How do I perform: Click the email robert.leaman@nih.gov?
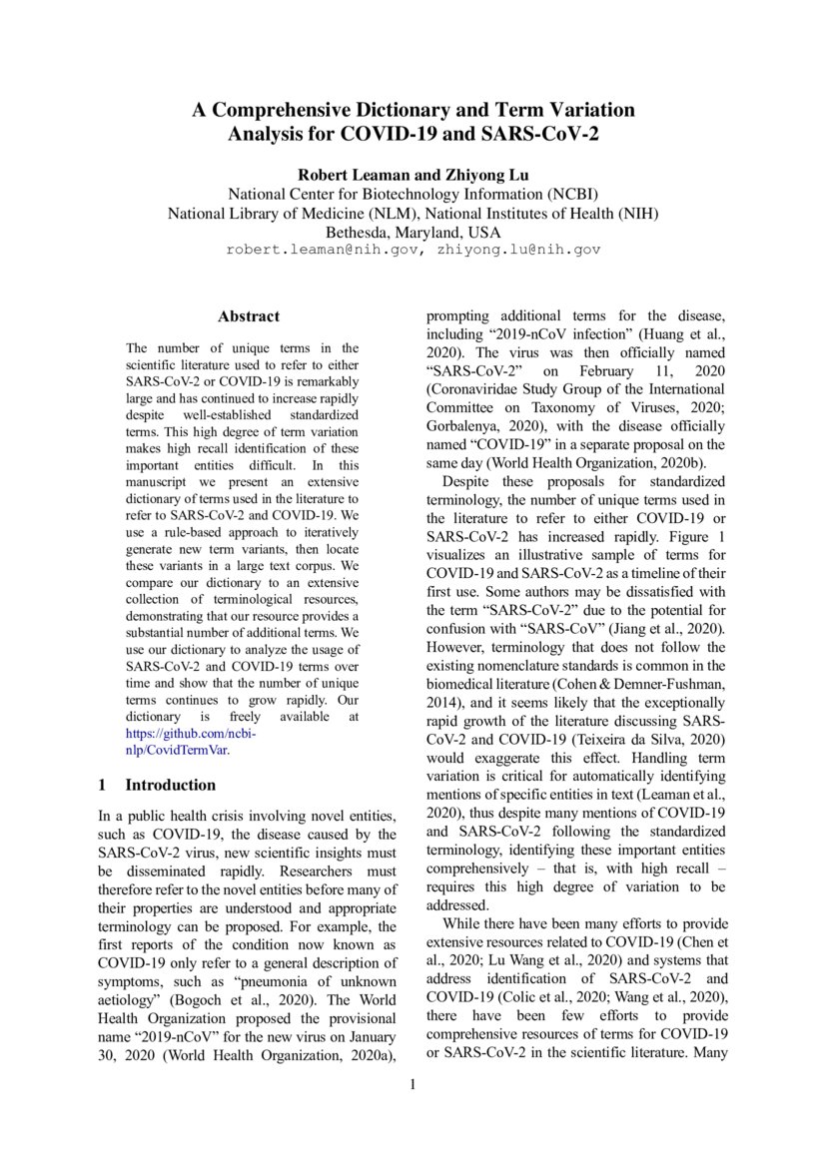click(321, 250)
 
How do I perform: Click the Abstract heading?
click(249, 316)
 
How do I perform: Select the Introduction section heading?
click(170, 785)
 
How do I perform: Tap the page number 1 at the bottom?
click(413, 1084)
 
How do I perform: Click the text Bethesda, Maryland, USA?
click(413, 232)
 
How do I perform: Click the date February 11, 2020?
click(637, 370)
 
